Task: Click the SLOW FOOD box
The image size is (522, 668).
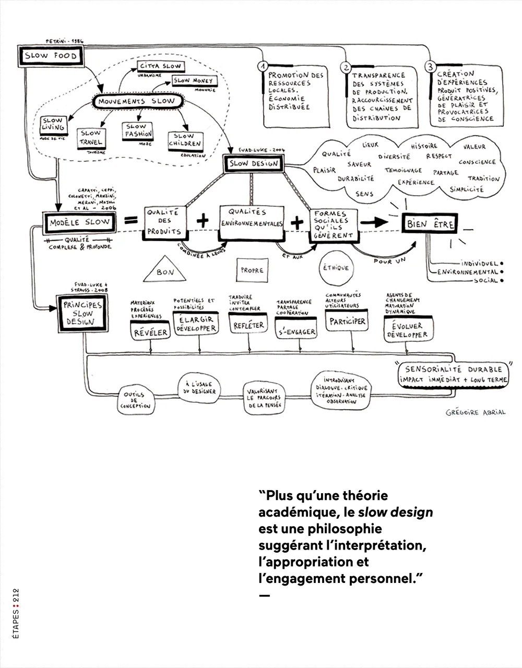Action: [x=51, y=56]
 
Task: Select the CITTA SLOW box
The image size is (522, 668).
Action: [x=160, y=67]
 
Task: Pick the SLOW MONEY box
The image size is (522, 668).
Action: [x=193, y=81]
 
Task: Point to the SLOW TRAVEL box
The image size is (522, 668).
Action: [x=91, y=138]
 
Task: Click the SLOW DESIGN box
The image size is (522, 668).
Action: [x=254, y=164]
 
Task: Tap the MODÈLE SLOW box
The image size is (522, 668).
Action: [x=80, y=223]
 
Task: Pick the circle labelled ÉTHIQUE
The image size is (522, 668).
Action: [x=336, y=268]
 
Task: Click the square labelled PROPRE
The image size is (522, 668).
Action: [x=252, y=270]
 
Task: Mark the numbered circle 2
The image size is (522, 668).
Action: [x=345, y=67]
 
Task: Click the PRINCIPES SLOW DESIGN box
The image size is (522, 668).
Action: [x=82, y=313]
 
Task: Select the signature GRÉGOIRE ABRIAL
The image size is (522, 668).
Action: [x=476, y=412]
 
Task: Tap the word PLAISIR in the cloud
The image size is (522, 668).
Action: [x=324, y=170]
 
